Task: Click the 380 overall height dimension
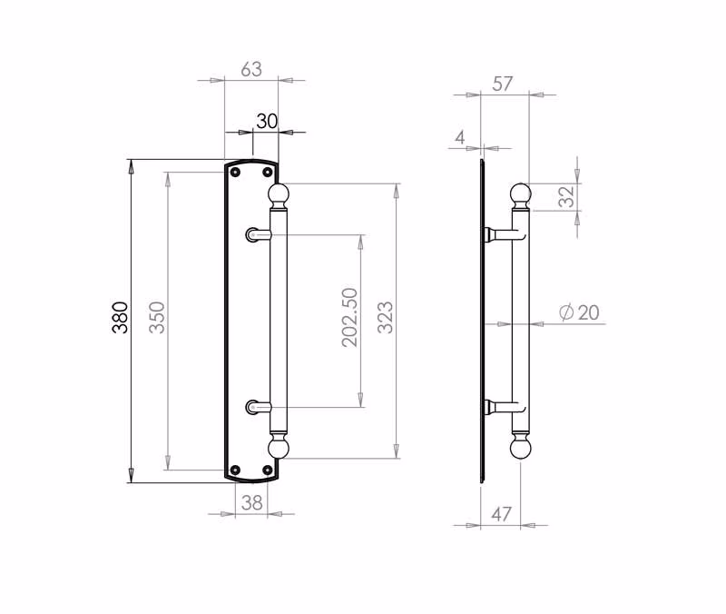[x=120, y=317]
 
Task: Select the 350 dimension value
[x=157, y=317]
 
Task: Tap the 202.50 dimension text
[x=350, y=317]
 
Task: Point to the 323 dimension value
[x=385, y=317]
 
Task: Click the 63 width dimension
[x=251, y=69]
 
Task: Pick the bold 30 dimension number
[x=267, y=122]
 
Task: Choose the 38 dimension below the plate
[x=252, y=502]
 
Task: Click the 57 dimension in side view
[x=503, y=84]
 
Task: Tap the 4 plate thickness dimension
[x=460, y=137]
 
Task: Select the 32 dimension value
[x=566, y=196]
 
